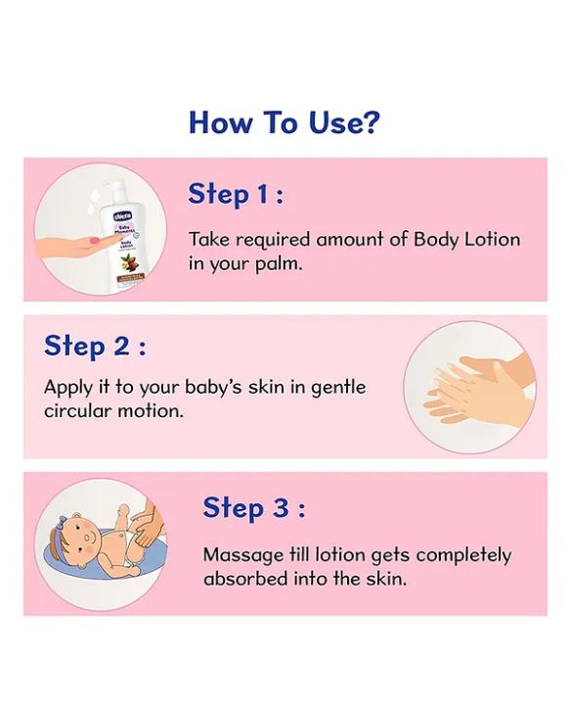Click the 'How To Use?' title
pyautogui.click(x=284, y=122)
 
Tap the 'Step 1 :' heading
pyautogui.click(x=236, y=194)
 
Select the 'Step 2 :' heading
pyautogui.click(x=94, y=346)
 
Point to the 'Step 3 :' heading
pyautogui.click(x=253, y=508)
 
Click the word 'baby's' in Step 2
pyautogui.click(x=201, y=387)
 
